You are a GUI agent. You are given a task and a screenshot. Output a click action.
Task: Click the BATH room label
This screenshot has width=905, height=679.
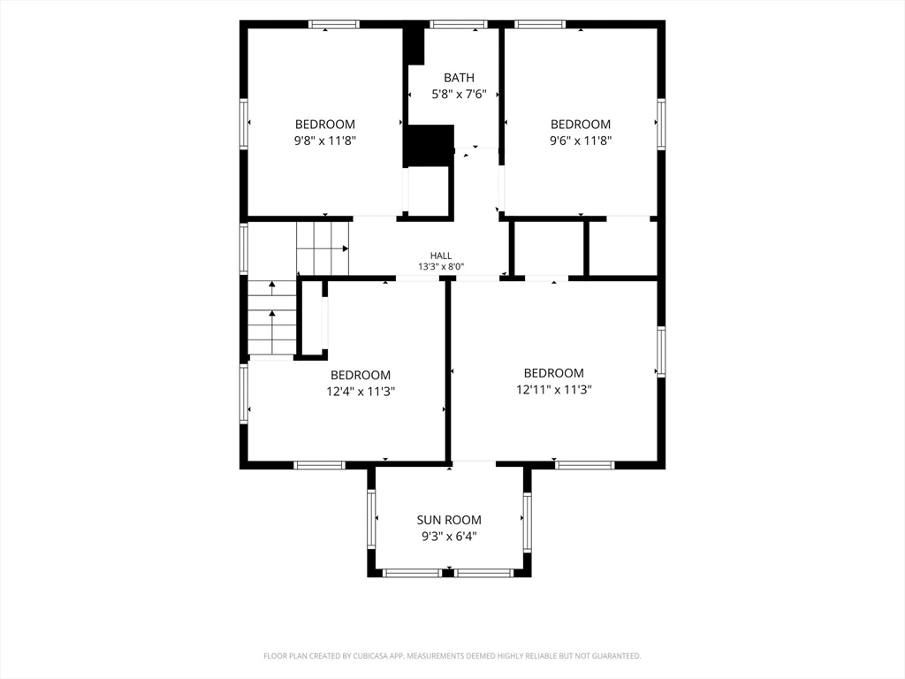[459, 78]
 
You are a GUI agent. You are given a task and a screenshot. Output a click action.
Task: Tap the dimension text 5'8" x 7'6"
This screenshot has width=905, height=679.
[459, 94]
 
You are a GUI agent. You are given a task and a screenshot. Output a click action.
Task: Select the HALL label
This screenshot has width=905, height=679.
[441, 256]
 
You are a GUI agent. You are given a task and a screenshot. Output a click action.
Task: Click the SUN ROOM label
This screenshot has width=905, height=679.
[449, 520]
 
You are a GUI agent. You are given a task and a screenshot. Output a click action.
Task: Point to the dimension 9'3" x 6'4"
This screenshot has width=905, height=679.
[449, 537]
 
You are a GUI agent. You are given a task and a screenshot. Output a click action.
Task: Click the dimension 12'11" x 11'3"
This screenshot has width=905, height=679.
[554, 390]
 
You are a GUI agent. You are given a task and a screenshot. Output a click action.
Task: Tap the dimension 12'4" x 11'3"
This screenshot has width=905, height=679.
[361, 392]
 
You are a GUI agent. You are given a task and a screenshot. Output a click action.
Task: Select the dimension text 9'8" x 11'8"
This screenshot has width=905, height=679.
[325, 141]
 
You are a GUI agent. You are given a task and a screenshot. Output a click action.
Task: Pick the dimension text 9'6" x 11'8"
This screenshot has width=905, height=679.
[581, 141]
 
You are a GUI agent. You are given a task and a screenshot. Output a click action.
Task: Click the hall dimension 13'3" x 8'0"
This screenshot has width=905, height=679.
[441, 267]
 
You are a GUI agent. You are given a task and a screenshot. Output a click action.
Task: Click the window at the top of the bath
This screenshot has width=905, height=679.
[459, 24]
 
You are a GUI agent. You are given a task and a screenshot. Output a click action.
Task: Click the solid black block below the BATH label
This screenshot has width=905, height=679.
[429, 146]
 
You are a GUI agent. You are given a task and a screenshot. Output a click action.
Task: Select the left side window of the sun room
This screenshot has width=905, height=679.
[371, 519]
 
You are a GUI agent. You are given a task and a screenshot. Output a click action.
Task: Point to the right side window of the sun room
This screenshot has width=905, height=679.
[527, 523]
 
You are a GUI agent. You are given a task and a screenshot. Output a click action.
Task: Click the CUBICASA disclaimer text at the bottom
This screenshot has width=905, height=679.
[452, 656]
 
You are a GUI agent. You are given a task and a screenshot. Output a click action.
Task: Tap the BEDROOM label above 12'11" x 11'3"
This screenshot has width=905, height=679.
[554, 373]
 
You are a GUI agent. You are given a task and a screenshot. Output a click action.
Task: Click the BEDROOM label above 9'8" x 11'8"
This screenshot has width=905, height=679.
[325, 124]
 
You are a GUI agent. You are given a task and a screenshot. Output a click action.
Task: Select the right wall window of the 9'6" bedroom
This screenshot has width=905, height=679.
[661, 125]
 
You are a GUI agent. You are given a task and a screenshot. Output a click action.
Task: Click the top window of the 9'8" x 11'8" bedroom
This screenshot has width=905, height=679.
[333, 24]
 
